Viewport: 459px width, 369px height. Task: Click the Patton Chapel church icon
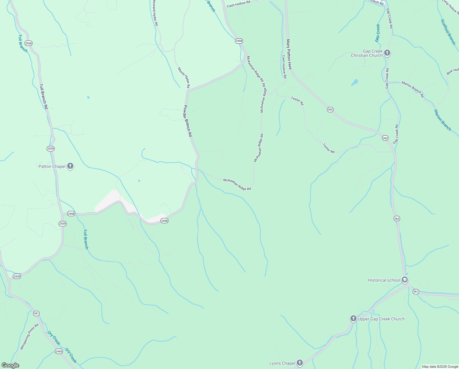pos(70,166)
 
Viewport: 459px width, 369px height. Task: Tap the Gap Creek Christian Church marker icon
pos(387,53)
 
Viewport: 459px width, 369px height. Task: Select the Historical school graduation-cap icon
pos(405,280)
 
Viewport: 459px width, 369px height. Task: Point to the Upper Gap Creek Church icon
pos(353,319)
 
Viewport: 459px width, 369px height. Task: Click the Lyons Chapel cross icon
pos(299,363)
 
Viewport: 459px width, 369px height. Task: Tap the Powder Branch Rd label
pos(187,121)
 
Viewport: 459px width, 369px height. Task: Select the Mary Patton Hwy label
pos(289,54)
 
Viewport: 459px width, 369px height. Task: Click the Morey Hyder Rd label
pos(184,77)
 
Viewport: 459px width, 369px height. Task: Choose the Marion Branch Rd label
pos(413,89)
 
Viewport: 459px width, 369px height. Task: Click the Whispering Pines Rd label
pos(29,336)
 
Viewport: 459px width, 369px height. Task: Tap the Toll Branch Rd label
pos(44,96)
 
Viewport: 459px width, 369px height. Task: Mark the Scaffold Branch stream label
pos(448,32)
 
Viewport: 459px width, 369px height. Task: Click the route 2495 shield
pos(59,351)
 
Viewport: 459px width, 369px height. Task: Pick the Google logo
pos(10,365)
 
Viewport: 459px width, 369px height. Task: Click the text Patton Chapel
pos(52,166)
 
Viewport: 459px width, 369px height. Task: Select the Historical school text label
pos(384,280)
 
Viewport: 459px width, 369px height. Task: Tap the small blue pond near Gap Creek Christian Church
pos(355,82)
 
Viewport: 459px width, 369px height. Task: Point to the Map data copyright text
pos(440,367)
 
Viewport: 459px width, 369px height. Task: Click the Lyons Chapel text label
pos(282,363)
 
